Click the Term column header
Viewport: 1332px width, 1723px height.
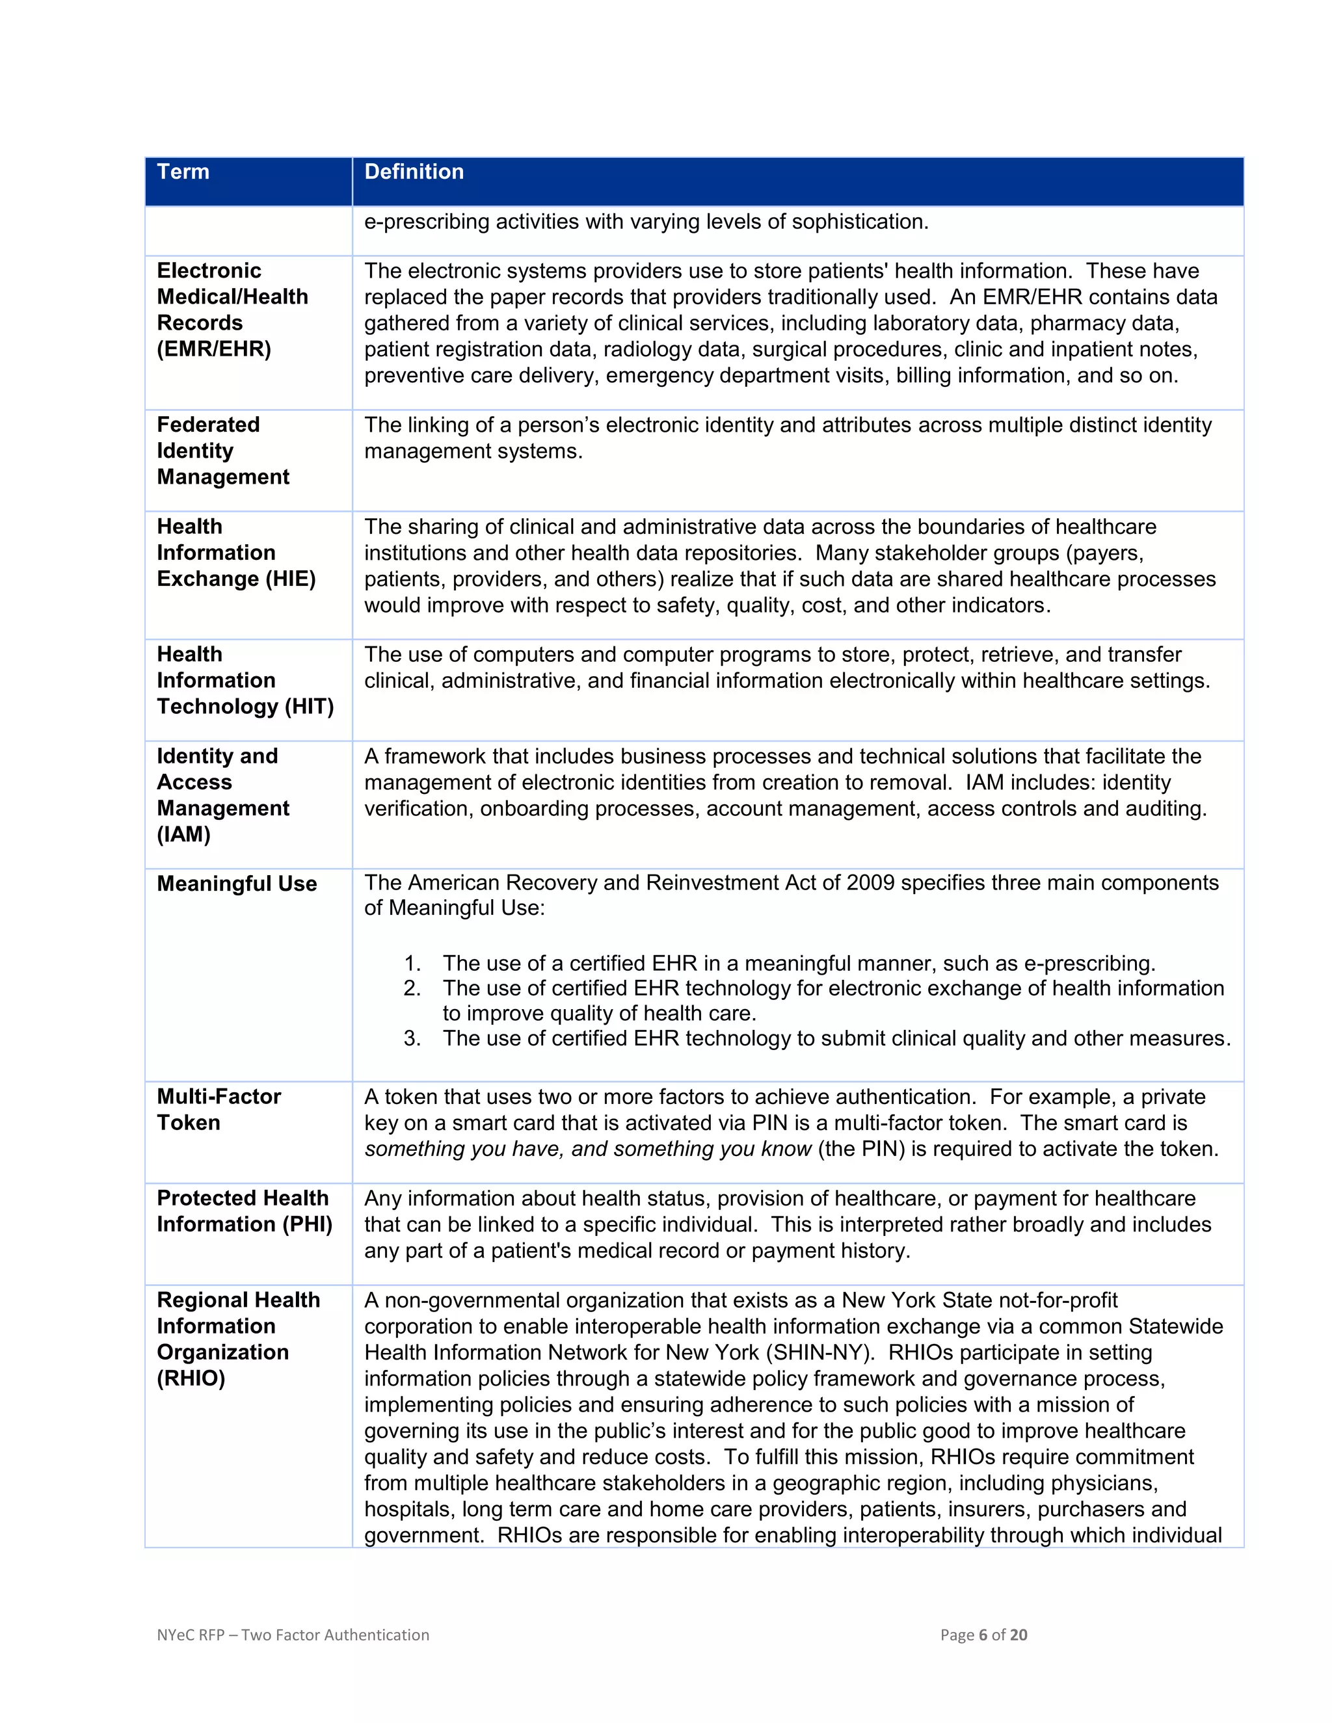pos(183,172)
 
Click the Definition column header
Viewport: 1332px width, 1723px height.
pos(414,172)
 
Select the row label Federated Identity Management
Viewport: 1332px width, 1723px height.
pos(222,451)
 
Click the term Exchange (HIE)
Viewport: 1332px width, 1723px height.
pos(236,579)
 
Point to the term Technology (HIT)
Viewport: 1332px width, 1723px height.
pos(245,707)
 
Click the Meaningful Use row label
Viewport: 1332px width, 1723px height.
pos(237,884)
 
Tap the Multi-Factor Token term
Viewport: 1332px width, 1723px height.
pos(219,1109)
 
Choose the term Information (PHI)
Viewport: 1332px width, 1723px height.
pos(245,1224)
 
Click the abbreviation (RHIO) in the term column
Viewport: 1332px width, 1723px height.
pos(191,1378)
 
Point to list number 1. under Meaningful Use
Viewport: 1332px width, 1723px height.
pos(412,964)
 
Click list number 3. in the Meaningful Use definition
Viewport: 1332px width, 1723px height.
pos(412,1038)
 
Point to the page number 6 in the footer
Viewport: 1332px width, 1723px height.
pos(983,1635)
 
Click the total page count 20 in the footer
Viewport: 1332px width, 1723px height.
pos(1018,1635)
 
